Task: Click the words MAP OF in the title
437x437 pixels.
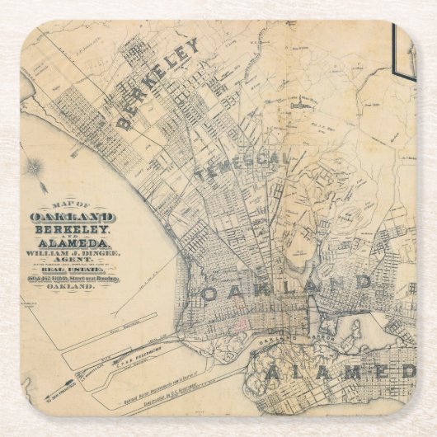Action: tap(73, 206)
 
